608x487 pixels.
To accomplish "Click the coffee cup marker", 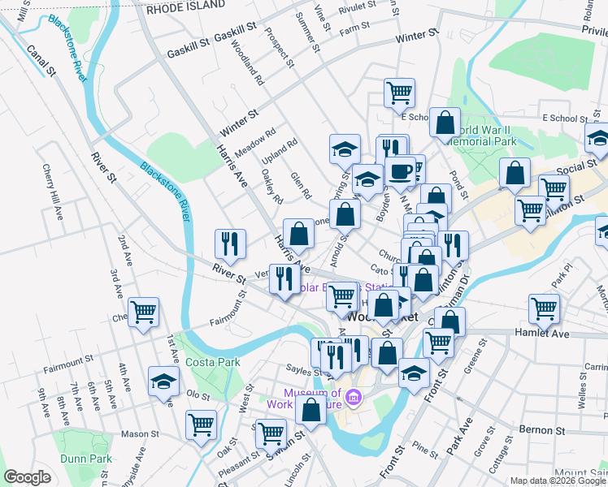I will pos(401,171).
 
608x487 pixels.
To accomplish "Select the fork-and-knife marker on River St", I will pos(230,243).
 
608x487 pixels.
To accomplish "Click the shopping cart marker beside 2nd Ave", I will pos(143,311).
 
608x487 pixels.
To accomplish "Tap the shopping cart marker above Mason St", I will pos(201,424).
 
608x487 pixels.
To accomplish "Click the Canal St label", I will pos(41,62).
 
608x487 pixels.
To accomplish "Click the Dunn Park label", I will pos(85,459).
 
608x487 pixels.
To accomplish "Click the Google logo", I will pos(28,477).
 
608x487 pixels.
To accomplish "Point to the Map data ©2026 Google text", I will pos(558,481).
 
